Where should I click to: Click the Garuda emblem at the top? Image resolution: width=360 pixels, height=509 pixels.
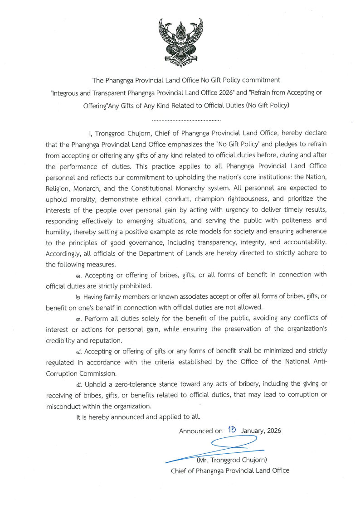point(180,40)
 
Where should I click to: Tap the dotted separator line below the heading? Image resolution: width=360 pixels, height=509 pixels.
point(186,121)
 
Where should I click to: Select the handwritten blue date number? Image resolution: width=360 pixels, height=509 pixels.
point(233,430)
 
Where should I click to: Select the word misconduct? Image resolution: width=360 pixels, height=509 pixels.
point(63,406)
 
